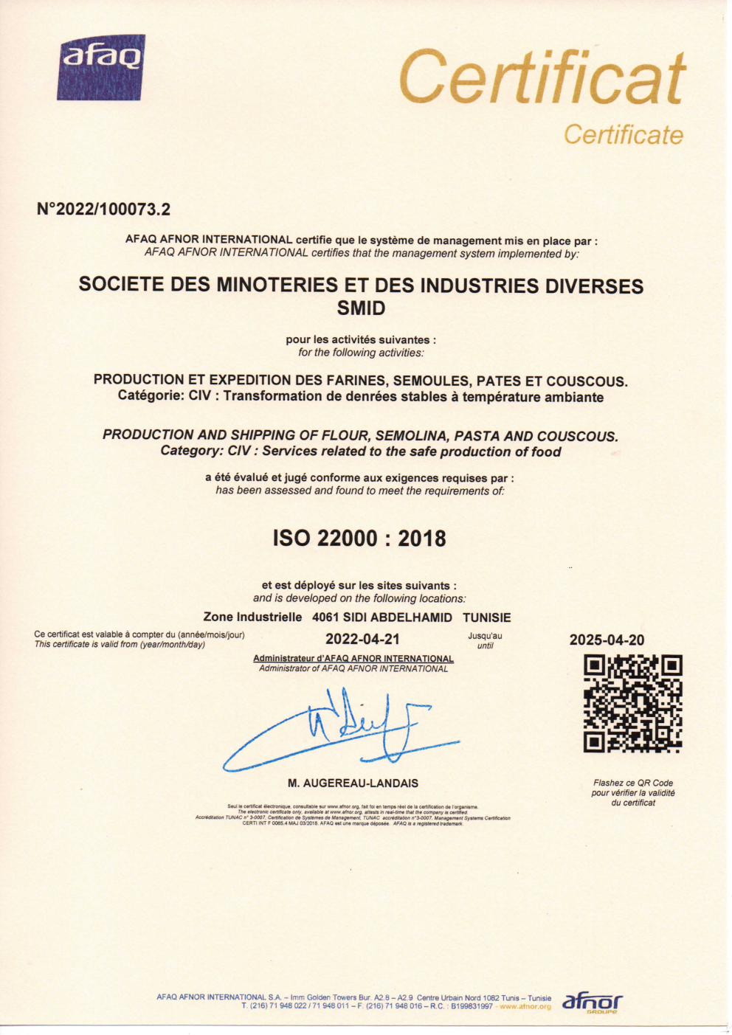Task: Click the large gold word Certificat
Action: coord(542,78)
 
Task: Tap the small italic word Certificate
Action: coord(623,135)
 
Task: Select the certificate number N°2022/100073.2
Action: coord(103,210)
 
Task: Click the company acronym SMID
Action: coord(361,308)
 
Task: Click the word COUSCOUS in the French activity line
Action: coord(586,381)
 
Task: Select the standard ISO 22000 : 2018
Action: coord(359,539)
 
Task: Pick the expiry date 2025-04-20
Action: coord(607,640)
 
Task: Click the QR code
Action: coord(632,703)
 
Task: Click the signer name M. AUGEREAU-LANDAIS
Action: coord(353,783)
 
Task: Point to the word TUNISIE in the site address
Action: coord(487,617)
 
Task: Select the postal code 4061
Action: coord(325,617)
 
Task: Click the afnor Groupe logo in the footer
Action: coord(592,1003)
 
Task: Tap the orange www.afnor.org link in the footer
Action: coord(525,1006)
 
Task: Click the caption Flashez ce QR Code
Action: coord(632,783)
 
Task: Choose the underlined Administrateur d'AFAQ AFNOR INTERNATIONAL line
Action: coord(353,659)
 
